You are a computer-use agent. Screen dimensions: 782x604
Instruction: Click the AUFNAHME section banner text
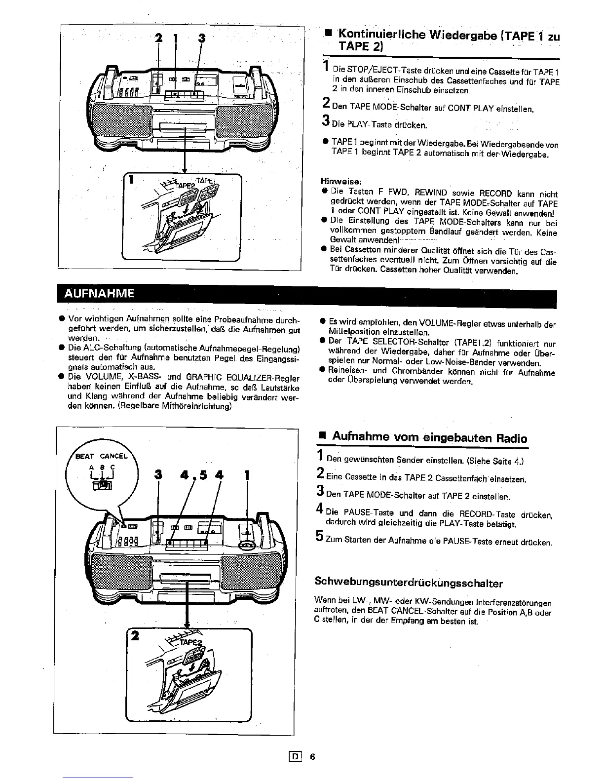tap(99, 294)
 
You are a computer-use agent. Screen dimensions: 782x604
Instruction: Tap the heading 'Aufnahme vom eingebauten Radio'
tap(429, 437)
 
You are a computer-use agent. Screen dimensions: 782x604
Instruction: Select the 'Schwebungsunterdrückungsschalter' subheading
tap(409, 583)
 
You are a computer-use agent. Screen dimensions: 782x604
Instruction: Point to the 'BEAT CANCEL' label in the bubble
tap(101, 456)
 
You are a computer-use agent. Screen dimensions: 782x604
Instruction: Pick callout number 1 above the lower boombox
tap(247, 475)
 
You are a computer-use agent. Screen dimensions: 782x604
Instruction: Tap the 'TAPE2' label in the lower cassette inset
tap(190, 643)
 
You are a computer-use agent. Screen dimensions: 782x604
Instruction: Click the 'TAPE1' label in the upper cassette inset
tap(203, 181)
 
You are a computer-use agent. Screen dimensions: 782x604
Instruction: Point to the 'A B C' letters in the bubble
tap(102, 467)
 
